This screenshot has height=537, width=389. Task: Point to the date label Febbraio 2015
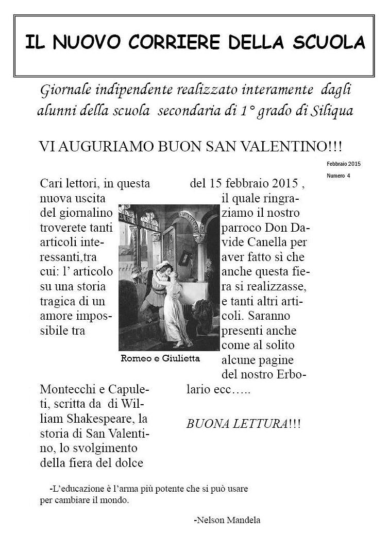[344, 164]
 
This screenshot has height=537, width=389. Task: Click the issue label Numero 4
[339, 176]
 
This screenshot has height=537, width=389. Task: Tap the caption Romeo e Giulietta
[160, 358]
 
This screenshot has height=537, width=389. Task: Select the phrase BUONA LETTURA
[237, 424]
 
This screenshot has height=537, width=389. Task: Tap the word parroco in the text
[242, 227]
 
